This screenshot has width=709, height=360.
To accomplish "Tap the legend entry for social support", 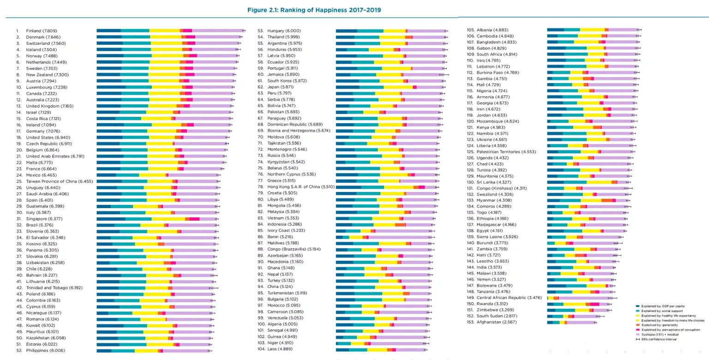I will click(x=665, y=311).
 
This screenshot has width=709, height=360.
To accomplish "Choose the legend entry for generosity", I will click(x=662, y=324).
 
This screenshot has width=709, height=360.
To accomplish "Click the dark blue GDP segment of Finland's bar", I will click(x=108, y=30).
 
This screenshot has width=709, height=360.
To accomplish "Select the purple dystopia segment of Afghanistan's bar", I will click(x=582, y=322).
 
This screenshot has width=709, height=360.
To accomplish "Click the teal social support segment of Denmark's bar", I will click(x=136, y=37).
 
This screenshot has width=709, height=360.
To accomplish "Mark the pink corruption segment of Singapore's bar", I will click(x=194, y=219).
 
